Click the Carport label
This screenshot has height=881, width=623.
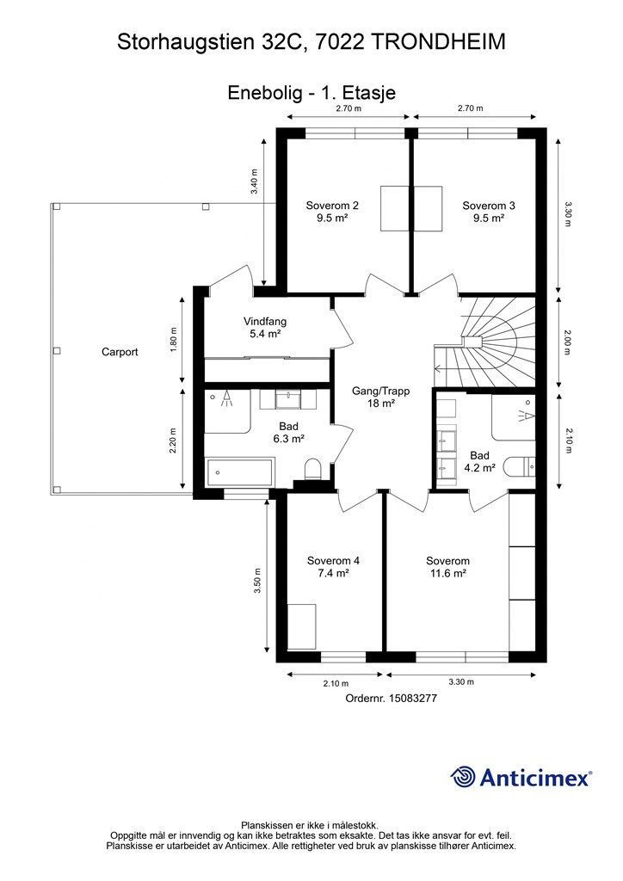coord(120,352)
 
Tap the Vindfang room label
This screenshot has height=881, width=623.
coord(265,322)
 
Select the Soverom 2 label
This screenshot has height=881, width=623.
coord(332,206)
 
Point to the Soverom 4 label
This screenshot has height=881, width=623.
coord(333,561)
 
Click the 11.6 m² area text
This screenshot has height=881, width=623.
coord(447,574)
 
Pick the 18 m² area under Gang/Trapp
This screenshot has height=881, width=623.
coord(381,404)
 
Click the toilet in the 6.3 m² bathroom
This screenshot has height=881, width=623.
coord(311,469)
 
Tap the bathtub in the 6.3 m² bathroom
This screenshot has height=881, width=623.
coord(240,473)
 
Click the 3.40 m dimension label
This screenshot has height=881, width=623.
coord(255,182)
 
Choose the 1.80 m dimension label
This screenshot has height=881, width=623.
coord(173,339)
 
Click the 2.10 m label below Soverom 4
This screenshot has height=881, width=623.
coord(336,684)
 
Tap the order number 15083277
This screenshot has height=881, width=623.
coord(413,699)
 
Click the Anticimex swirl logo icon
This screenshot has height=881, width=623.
coord(463,777)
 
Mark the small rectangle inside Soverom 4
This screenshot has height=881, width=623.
coord(302,626)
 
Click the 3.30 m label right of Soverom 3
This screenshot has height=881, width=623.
coord(567,213)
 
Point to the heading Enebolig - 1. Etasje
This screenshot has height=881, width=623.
coord(311,93)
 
